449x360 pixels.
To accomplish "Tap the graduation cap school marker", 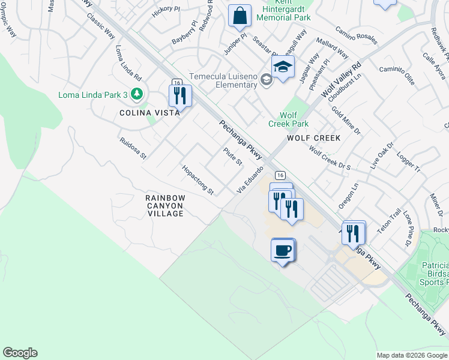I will pos(283,67).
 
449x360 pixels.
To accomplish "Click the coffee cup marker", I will pos(283,250).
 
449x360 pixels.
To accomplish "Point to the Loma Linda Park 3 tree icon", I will pos(137,94).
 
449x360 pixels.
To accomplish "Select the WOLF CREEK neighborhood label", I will pos(313,138).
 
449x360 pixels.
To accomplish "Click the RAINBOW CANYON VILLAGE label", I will pos(165,205).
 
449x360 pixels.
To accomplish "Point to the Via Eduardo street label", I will pos(250,180).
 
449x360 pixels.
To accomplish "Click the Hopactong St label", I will pos(198,181).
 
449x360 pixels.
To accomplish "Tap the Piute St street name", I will pos(232,157).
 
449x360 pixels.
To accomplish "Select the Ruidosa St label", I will pos(133,147).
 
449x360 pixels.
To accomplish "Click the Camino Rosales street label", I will pos(356,35).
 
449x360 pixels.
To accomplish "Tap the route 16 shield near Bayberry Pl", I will pos(176,82).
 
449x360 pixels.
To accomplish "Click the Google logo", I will pos(20,353).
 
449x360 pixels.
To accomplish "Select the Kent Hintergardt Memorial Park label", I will pos(283,12).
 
